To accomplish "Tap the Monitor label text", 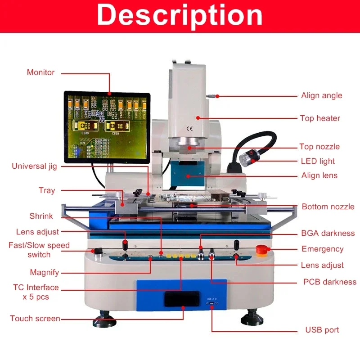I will click(x=40, y=72).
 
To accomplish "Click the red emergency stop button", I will click(x=261, y=249).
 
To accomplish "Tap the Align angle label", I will click(x=321, y=95).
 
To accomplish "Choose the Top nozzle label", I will click(x=319, y=147).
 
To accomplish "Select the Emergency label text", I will click(x=322, y=249).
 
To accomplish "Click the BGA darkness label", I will click(x=328, y=233).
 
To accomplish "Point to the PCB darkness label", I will click(x=330, y=282).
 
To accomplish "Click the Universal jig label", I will click(x=34, y=166).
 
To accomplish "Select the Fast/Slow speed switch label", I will click(x=39, y=250).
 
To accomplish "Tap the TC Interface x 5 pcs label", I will click(x=36, y=292).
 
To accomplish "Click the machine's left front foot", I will click(x=104, y=320).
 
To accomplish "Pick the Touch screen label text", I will click(x=35, y=319).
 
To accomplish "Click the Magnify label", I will click(x=45, y=272).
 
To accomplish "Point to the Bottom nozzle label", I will click(x=328, y=207).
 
